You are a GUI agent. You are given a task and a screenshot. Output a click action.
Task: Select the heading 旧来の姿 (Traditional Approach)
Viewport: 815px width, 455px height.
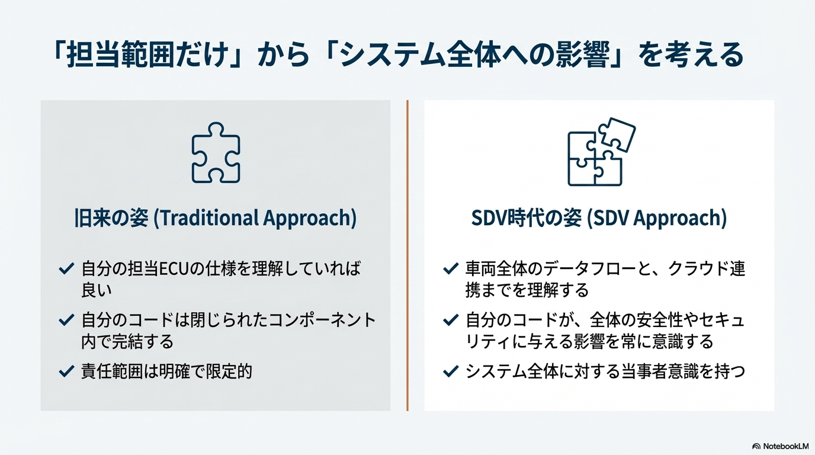click(216, 217)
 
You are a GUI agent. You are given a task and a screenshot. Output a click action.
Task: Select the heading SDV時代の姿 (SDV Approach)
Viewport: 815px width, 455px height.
click(599, 217)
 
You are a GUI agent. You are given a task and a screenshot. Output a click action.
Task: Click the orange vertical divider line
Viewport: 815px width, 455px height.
click(407, 255)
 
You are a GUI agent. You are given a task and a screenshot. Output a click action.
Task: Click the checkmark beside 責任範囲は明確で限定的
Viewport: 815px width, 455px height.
click(66, 371)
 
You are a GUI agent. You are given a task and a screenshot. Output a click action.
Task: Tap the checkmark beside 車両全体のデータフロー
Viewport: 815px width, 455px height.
click(451, 268)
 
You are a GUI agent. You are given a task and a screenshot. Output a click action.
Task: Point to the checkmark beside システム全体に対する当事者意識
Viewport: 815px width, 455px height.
click(451, 371)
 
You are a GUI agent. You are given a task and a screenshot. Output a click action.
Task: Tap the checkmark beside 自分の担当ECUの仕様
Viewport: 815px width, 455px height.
click(66, 268)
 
